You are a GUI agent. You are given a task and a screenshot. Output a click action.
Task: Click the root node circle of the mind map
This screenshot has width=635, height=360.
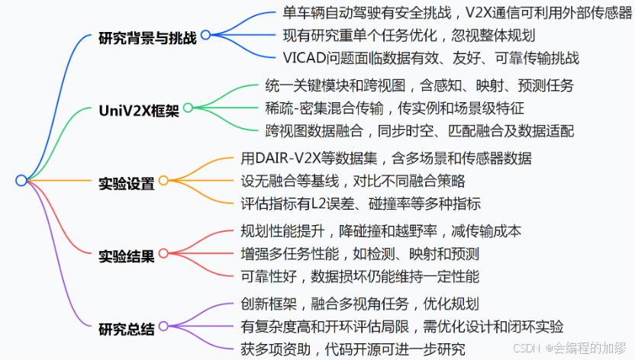[x=21, y=180]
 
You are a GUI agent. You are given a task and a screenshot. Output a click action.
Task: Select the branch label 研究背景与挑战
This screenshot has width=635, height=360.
[x=147, y=37]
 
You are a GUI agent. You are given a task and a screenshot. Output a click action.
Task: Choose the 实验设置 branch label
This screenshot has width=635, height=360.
[x=127, y=183]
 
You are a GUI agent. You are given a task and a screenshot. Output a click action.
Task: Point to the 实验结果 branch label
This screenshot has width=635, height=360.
[x=127, y=256]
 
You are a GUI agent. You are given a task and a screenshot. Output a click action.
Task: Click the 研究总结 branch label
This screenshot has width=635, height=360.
[x=127, y=329]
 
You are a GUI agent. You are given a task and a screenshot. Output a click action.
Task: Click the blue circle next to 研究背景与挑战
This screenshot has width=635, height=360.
[x=205, y=35]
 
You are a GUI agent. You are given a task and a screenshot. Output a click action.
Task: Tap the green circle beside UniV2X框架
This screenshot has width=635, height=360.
[x=188, y=108]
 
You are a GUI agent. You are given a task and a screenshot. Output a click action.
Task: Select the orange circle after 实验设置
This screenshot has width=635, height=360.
[x=163, y=182]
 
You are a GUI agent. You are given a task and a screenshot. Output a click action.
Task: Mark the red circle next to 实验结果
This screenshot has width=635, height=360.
[x=163, y=255]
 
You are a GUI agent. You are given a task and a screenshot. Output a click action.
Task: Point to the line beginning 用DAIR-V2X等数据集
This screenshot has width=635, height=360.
[x=385, y=159]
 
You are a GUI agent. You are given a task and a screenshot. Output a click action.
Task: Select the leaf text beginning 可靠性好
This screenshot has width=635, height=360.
[x=359, y=276]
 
